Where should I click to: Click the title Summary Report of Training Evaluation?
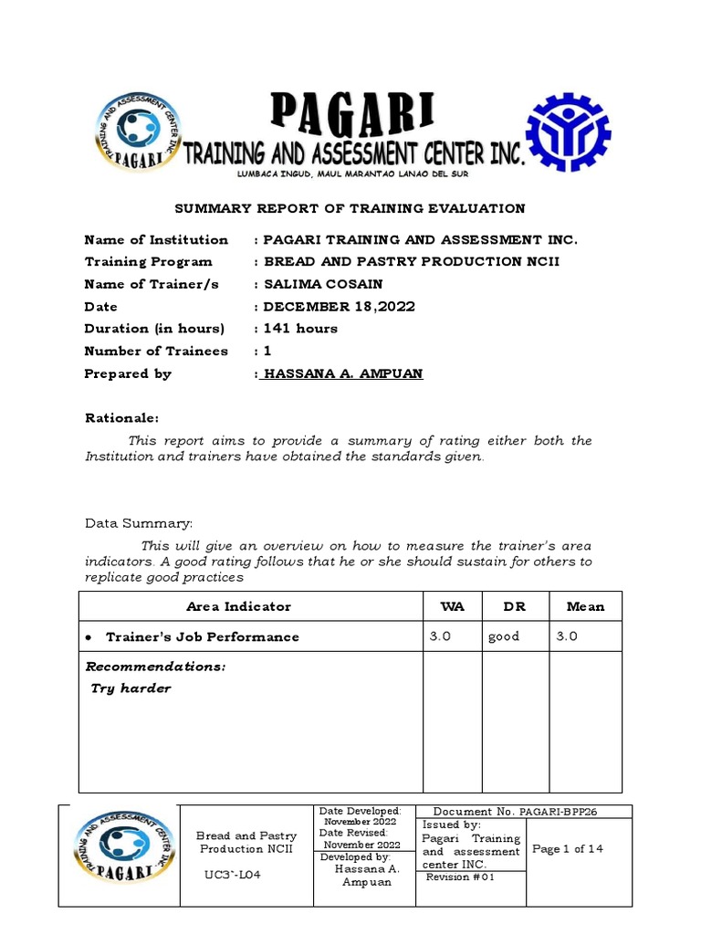[350, 209]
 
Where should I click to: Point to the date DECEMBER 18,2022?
[339, 307]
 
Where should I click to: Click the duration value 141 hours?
[300, 329]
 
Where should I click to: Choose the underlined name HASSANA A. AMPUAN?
[342, 373]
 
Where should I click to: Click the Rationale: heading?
[121, 418]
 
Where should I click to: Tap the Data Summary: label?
[139, 524]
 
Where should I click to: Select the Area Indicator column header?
[238, 606]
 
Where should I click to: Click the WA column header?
[451, 606]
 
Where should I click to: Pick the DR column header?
[515, 606]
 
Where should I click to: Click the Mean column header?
[585, 606]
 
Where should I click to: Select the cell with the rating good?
[504, 636]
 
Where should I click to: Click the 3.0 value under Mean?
[567, 636]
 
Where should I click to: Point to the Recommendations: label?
[155, 667]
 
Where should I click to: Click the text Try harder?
[131, 688]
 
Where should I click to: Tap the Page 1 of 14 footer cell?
[568, 849]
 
